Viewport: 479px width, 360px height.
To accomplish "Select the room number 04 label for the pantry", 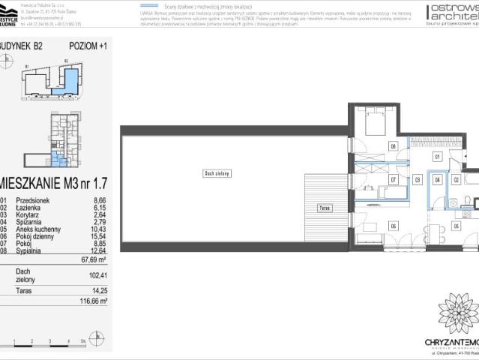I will (438, 180).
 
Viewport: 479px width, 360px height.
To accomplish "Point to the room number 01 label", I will (438, 157).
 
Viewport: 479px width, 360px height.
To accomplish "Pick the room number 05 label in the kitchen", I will (456, 226).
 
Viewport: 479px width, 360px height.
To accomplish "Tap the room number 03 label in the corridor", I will (417, 180).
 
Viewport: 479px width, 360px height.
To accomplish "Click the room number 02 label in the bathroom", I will (456, 180).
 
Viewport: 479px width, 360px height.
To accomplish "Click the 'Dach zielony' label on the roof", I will (215, 173).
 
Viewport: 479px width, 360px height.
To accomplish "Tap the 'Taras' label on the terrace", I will (324, 207).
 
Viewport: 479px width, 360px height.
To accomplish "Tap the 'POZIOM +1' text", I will (88, 45).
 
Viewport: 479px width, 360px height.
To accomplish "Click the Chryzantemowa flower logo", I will (454, 314).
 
